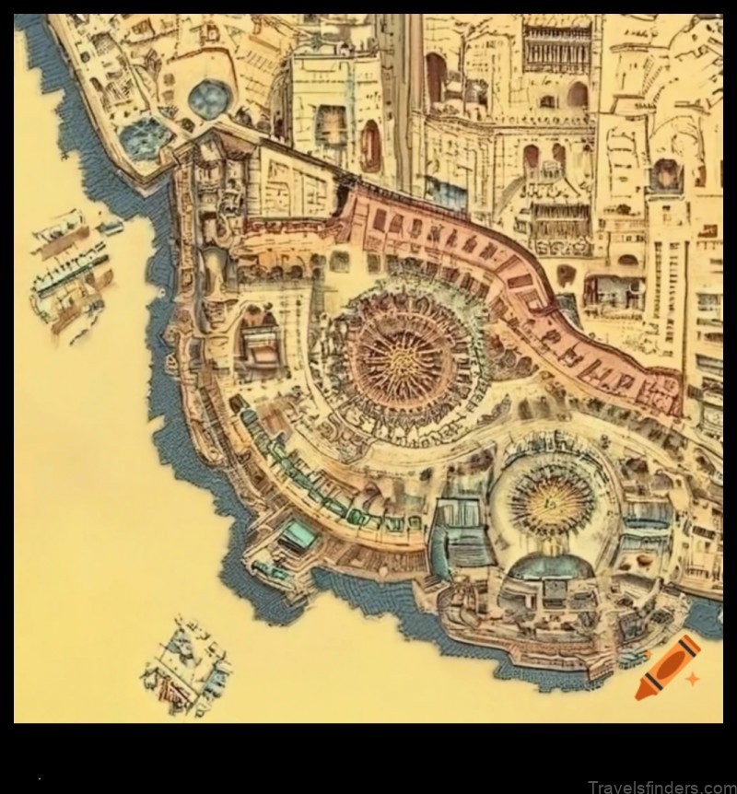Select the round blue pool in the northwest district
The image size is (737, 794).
208,97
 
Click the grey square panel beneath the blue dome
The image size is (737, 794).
556,589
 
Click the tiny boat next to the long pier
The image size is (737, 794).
111,226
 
